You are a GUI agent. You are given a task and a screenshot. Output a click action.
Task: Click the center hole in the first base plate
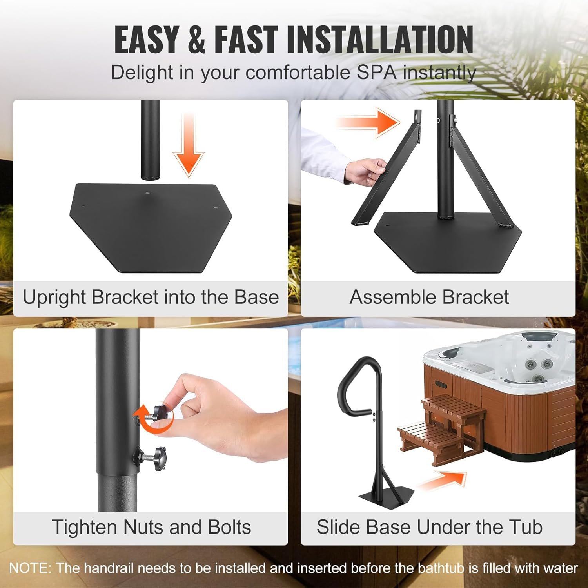(x=147, y=193)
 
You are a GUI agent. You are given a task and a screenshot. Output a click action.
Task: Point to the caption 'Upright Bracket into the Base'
(x=151, y=297)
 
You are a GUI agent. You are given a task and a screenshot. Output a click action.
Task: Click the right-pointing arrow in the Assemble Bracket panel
(x=368, y=122)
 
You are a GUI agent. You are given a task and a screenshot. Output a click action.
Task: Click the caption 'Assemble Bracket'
(x=429, y=297)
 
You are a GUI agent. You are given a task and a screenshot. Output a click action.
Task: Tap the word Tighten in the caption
(x=85, y=527)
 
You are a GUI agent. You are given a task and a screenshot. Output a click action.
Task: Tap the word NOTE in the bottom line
(x=29, y=568)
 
